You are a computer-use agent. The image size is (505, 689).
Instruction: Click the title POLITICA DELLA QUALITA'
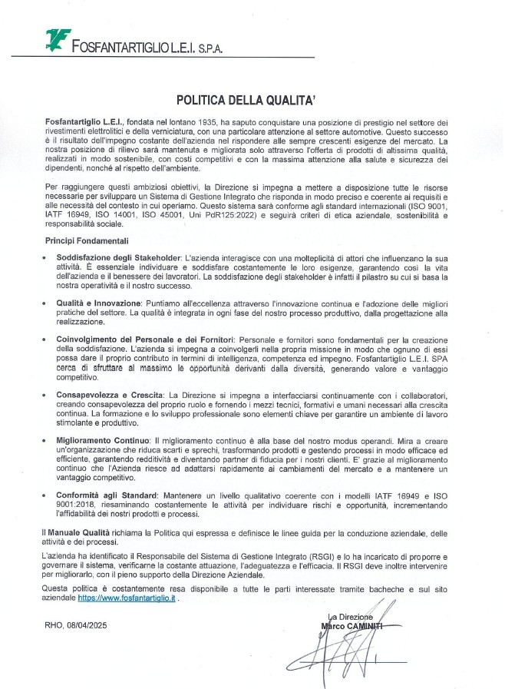[x=252, y=100]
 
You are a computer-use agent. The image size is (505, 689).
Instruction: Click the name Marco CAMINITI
[x=354, y=626]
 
